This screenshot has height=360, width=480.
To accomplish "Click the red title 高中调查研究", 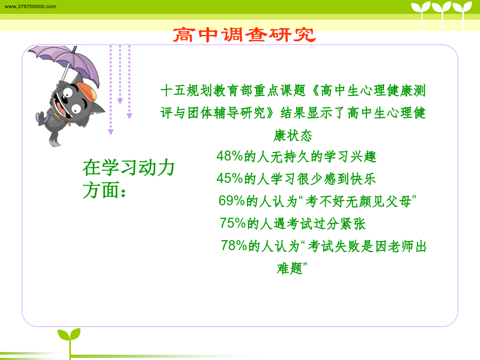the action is point(244,35).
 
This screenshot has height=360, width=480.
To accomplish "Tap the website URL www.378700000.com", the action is point(30,6).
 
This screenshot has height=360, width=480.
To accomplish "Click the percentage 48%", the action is point(229,156).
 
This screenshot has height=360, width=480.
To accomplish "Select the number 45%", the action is point(229,179).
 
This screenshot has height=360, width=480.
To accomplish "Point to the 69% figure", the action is point(232,201).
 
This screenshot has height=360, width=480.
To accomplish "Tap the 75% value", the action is point(233,223).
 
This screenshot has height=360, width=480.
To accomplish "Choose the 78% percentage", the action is point(234,245).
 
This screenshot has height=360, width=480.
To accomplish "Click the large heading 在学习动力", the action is point(129,168).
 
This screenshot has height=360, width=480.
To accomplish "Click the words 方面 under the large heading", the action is point(101,190).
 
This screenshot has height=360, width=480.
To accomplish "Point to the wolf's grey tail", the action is point(54,139).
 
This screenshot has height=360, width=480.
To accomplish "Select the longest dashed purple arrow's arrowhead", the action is point(111,132).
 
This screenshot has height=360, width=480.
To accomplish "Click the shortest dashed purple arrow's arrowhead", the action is point(120,101).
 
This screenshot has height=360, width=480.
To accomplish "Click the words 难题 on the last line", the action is point(290,268).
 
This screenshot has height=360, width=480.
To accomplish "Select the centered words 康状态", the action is point(293,135).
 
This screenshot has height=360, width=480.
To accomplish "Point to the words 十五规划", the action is point(187,91).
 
